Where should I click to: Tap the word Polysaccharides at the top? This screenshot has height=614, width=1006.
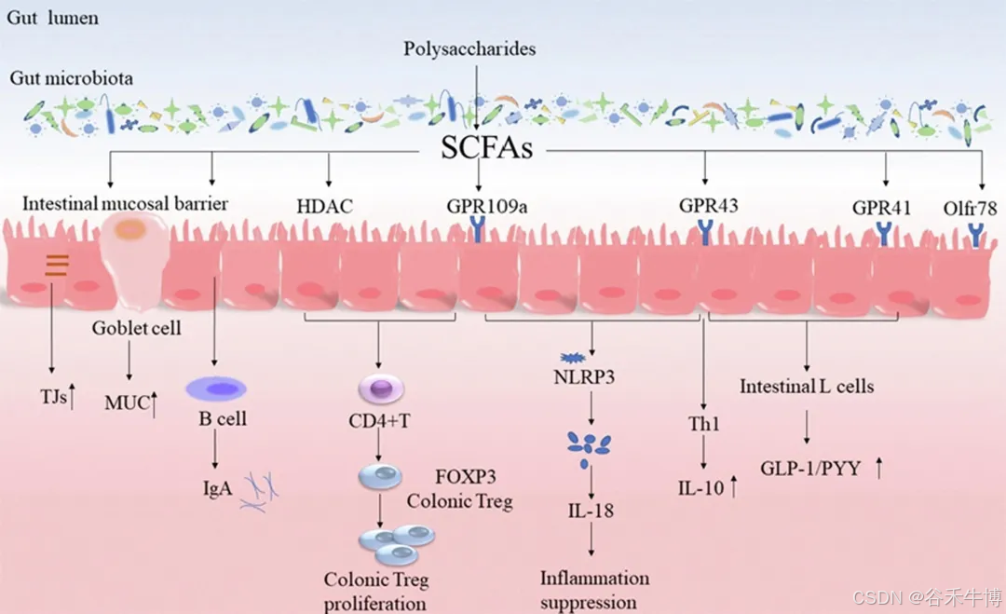click(469, 48)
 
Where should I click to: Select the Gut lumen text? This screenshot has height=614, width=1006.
click(53, 18)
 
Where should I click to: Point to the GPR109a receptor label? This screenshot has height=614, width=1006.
click(486, 205)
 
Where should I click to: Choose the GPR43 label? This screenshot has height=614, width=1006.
click(708, 205)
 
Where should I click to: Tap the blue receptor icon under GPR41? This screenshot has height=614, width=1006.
click(883, 234)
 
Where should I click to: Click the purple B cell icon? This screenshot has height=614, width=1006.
click(215, 388)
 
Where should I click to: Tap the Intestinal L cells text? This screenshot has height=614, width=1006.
click(807, 385)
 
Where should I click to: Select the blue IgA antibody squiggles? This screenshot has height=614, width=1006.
click(259, 492)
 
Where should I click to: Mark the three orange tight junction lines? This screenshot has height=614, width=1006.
click(57, 266)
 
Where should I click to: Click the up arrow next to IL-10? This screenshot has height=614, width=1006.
click(734, 485)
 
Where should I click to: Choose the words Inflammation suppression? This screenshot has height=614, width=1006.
click(593, 590)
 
